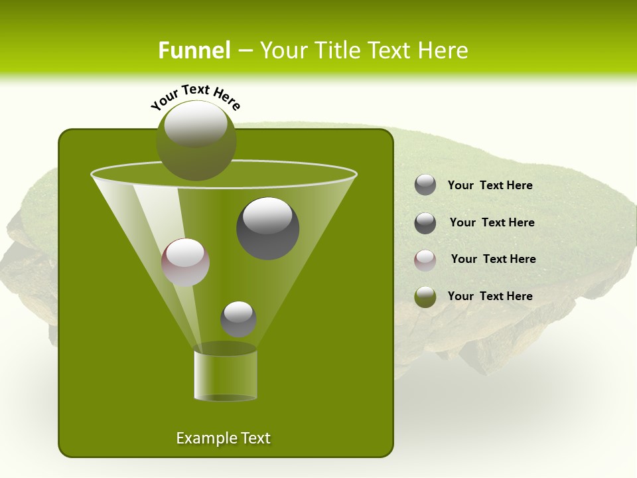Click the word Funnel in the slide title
click(194, 50)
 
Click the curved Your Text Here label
click(196, 96)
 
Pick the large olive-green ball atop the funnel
click(196, 140)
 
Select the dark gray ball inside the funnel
click(268, 228)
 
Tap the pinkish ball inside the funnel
click(185, 262)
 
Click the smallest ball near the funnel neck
click(238, 319)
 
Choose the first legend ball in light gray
click(425, 185)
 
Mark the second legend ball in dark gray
click(425, 223)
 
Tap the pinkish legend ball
click(425, 260)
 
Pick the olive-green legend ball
click(425, 297)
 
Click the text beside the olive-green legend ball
click(490, 296)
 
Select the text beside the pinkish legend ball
click(493, 259)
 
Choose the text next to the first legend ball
click(490, 185)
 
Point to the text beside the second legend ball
click(492, 222)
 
